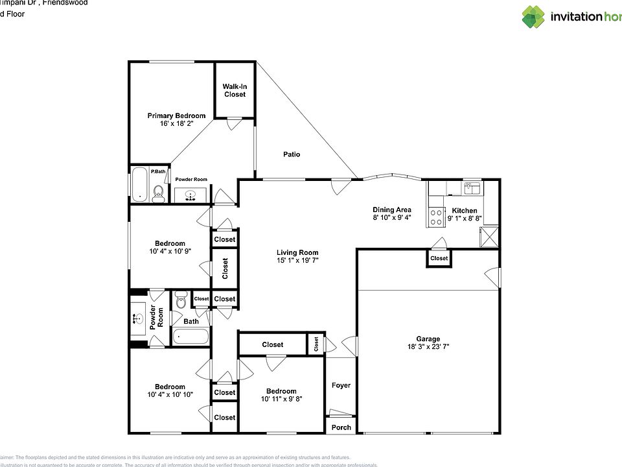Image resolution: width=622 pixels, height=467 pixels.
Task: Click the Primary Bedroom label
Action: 176,116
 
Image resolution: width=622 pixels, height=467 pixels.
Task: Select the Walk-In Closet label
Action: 235,90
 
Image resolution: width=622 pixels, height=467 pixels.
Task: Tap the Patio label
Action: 292,154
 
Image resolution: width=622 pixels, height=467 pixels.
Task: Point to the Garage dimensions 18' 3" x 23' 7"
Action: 428,347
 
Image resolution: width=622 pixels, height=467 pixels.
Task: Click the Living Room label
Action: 297,253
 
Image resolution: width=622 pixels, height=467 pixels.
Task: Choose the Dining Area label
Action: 391,210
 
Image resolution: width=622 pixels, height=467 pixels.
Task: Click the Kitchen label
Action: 465,211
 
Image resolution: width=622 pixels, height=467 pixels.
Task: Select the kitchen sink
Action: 472,187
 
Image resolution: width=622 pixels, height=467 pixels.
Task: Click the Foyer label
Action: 341,385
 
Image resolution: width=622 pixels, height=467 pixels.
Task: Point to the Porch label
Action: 341,427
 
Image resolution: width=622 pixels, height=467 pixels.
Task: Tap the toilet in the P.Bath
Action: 158,191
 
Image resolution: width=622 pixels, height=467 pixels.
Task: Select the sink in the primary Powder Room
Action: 190,195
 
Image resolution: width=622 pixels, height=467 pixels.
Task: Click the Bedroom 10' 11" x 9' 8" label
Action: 281,391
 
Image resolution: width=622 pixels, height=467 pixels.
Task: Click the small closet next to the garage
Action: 439,258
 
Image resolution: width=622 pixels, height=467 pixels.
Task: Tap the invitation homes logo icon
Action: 534,17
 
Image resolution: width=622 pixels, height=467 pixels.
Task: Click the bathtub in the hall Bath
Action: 190,336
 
